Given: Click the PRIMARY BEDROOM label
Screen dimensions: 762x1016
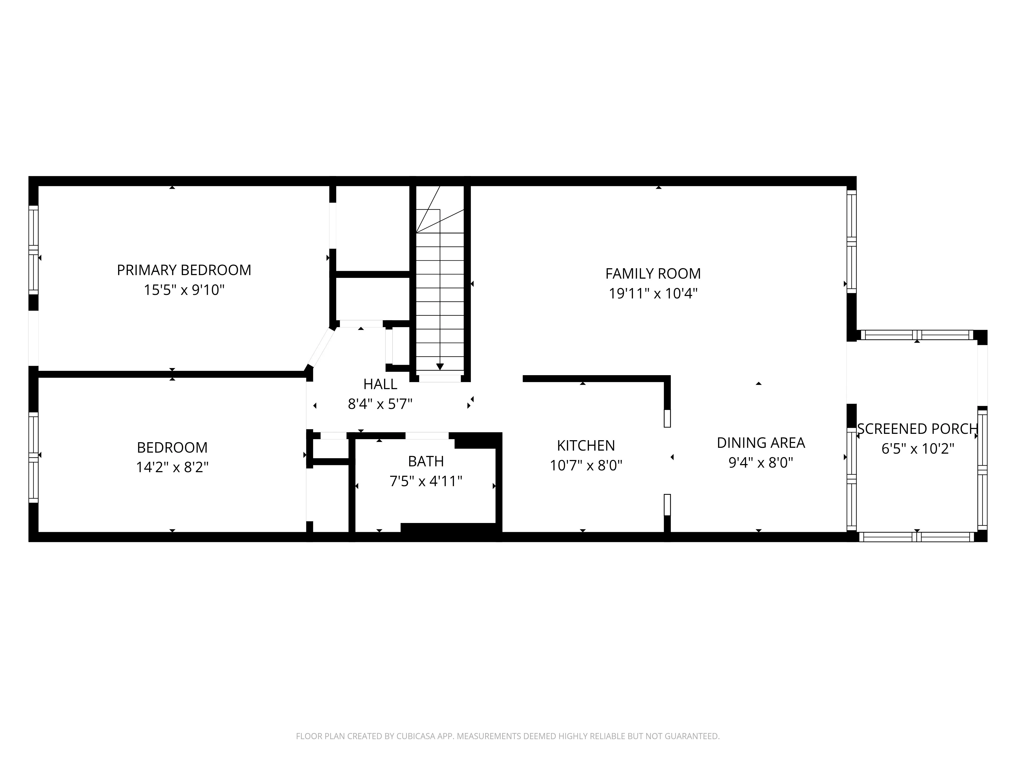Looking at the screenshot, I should (x=184, y=270).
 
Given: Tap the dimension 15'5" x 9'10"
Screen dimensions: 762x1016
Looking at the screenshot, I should (x=184, y=290).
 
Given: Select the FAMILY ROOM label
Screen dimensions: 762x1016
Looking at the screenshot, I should (x=653, y=274).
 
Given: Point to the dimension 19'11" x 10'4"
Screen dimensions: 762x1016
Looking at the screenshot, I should (x=653, y=294).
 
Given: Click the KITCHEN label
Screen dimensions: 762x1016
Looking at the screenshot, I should (x=586, y=446).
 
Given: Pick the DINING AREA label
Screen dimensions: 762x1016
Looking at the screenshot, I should (x=761, y=443).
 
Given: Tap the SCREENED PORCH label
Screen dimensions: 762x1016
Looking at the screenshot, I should (x=917, y=429).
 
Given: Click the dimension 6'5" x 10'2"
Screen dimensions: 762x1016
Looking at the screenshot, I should (x=917, y=449).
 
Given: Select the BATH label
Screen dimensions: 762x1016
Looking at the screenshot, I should (x=426, y=461).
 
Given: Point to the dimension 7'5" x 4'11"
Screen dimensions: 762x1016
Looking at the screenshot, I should (x=426, y=481).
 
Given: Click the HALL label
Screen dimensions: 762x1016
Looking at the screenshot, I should (x=380, y=384).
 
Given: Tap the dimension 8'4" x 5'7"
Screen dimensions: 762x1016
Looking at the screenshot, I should (x=380, y=404).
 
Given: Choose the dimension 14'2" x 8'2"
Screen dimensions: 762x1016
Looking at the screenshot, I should (x=172, y=468).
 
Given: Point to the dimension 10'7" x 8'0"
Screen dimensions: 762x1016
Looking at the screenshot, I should (x=586, y=466).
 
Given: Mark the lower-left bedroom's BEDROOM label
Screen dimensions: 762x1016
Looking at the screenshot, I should (x=172, y=447).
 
